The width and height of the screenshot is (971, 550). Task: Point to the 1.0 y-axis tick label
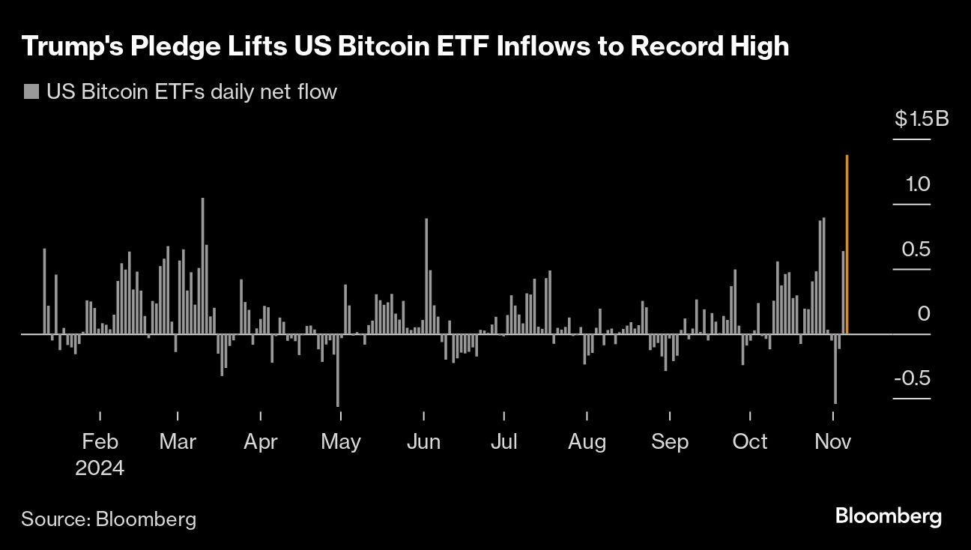click(x=916, y=184)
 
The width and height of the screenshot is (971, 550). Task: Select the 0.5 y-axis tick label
click(x=916, y=249)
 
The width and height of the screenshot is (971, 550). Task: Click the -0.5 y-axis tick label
click(x=912, y=378)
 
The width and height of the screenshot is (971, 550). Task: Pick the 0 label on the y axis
click(x=924, y=313)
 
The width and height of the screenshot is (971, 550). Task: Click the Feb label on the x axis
click(x=100, y=441)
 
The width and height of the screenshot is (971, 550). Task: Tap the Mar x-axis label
click(x=178, y=441)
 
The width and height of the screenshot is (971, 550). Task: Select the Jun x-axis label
click(x=423, y=441)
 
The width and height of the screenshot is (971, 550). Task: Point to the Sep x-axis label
click(x=669, y=441)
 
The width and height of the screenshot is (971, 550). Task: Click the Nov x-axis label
click(x=832, y=441)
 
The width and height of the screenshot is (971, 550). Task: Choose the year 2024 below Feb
click(x=100, y=468)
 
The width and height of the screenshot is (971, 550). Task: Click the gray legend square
click(x=31, y=92)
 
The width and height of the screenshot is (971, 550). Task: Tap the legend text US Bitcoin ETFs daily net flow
click(x=192, y=92)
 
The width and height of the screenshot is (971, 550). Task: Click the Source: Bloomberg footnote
click(x=109, y=519)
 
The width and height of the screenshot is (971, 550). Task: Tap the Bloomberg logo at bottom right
click(x=888, y=516)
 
